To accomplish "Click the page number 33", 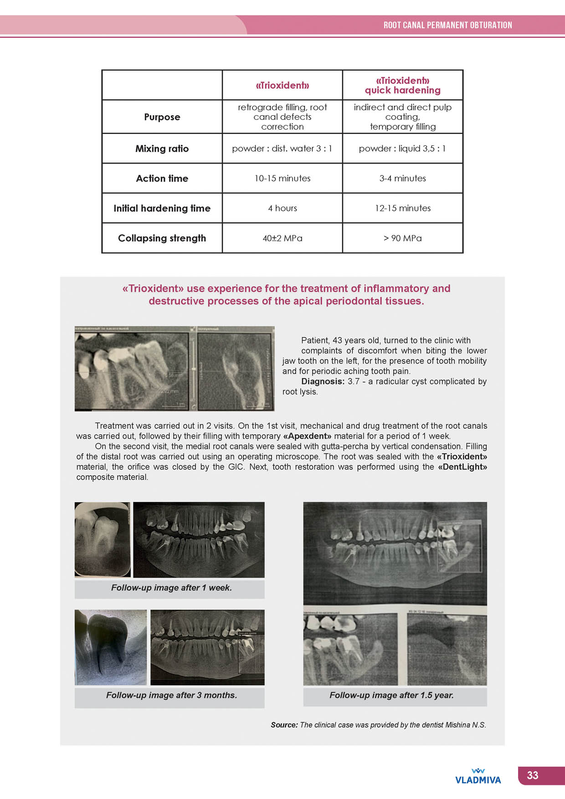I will (533, 775).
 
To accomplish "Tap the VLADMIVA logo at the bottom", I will (478, 777).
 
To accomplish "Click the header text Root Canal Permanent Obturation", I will (447, 25).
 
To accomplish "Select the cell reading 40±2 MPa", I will (282, 238).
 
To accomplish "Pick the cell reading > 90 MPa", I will (403, 238).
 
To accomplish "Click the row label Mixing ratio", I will (162, 149).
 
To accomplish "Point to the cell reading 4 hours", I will (282, 208).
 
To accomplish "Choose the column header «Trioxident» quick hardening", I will (403, 85).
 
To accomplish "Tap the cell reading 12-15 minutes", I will (403, 208).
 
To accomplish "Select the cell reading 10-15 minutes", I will (282, 179).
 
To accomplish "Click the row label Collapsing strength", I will (162, 238).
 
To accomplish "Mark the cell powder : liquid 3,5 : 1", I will (403, 149).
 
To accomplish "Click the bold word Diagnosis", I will (323, 382).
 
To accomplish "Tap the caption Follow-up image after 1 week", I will (171, 588).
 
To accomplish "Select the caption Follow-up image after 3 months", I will (171, 696).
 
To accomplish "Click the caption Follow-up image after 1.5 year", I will (391, 696).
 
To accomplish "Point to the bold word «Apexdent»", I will (307, 436).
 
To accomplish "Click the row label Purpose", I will (162, 117).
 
